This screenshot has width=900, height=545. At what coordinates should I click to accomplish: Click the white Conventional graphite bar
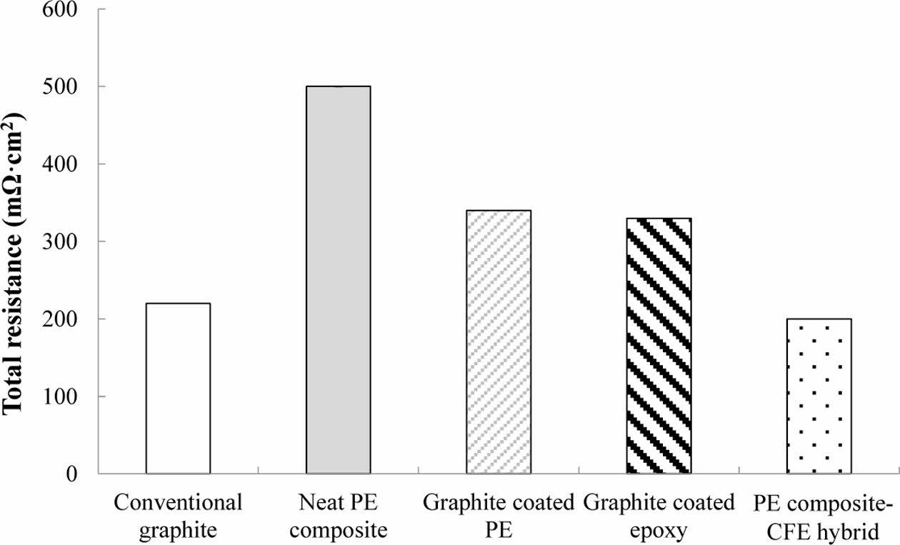point(178,389)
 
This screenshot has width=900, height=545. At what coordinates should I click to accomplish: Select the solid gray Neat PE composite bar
point(338,280)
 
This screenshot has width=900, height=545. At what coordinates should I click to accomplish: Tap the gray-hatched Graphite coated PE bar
point(499,342)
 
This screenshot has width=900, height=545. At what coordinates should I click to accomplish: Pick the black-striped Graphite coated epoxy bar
point(659,346)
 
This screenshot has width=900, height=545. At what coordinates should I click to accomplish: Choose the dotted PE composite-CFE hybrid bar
point(819,396)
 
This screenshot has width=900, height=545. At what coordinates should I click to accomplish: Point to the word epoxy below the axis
point(659,531)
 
